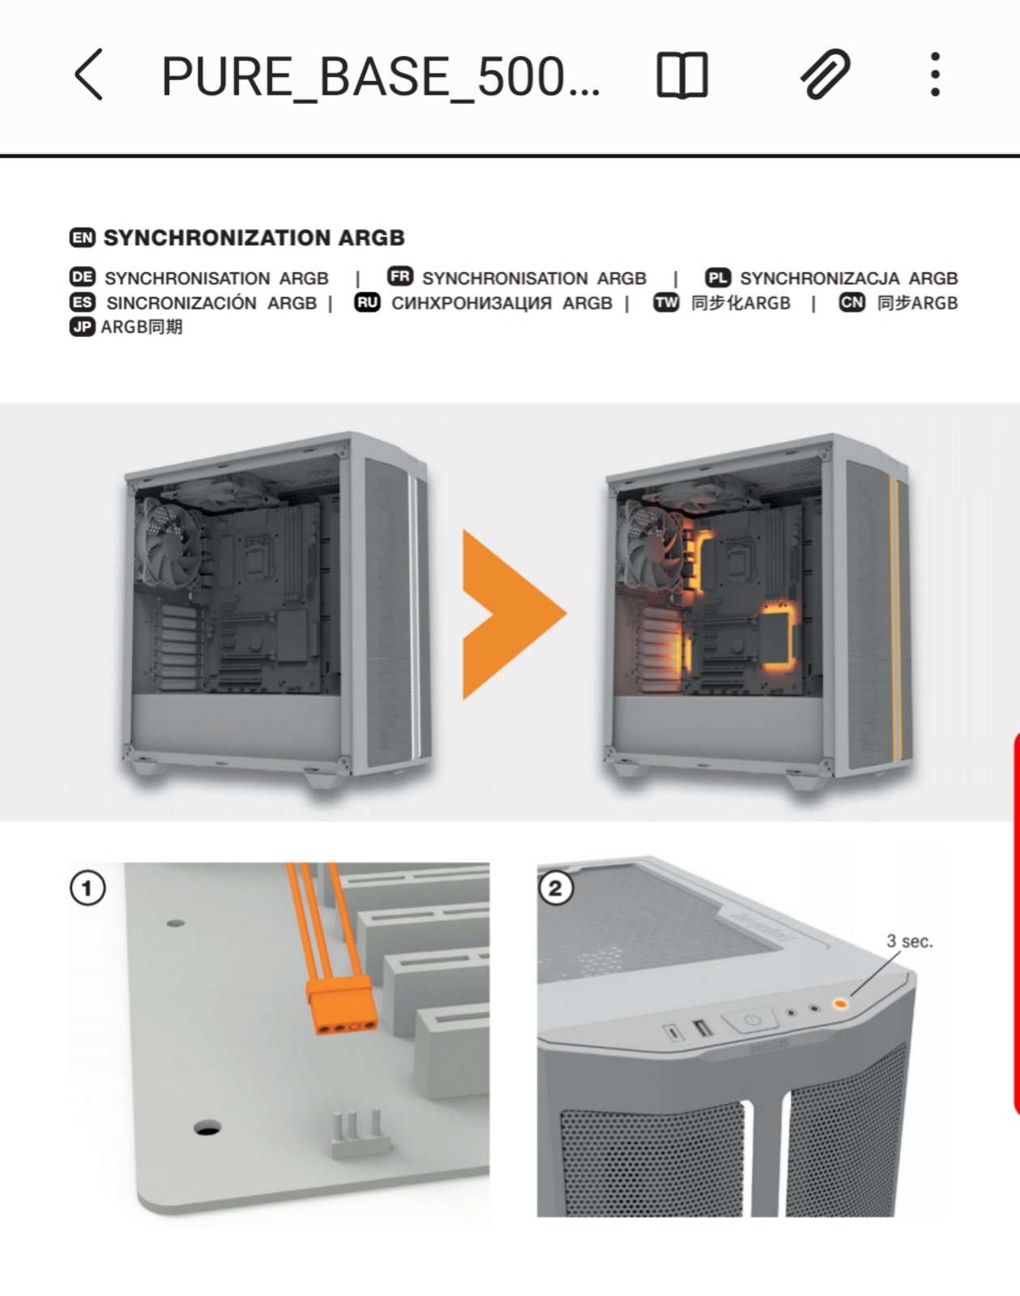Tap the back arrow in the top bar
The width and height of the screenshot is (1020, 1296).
[88, 75]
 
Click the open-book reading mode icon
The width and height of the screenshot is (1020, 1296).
[681, 75]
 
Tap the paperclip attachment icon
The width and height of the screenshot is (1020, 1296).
[825, 75]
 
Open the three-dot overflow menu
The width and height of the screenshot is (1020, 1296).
[935, 75]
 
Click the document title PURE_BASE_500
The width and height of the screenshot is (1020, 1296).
[380, 77]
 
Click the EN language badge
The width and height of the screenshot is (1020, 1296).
[83, 237]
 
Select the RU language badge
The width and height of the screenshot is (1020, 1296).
[367, 303]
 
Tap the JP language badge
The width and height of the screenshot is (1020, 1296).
[83, 327]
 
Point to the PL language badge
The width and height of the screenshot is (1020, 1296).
[718, 278]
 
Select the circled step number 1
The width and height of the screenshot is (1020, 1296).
[87, 889]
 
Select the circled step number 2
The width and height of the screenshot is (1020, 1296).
[556, 889]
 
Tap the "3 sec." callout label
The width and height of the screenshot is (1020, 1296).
[909, 941]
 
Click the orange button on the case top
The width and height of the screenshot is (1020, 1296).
[840, 1004]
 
